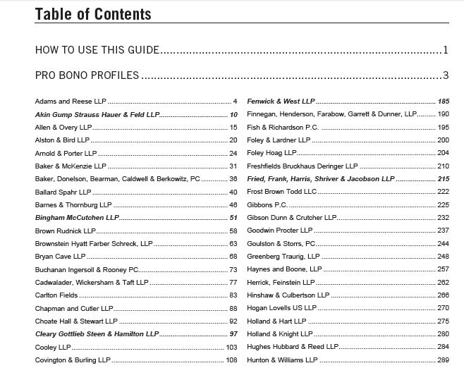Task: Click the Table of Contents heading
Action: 92,13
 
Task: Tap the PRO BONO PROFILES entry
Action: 87,75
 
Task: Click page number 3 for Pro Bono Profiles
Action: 446,75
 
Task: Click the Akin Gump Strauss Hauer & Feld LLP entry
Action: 97,115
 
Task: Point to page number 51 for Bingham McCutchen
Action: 233,218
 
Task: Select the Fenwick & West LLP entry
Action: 281,102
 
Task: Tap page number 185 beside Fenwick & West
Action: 443,102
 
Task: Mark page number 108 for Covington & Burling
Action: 231,360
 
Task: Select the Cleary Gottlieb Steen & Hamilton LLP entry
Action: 97,334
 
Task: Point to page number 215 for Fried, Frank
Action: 443,179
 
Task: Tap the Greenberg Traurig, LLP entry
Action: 283,257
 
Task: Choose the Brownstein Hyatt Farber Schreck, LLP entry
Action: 94,243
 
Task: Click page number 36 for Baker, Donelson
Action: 233,179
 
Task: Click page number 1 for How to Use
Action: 446,51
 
